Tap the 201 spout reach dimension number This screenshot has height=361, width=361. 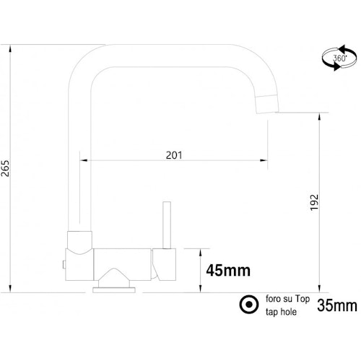[x=174, y=155]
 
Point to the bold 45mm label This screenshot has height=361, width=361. [x=227, y=271]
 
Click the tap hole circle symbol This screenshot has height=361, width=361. [x=247, y=305]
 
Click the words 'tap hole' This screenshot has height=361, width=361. [x=280, y=313]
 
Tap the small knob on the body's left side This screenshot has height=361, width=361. [x=65, y=263]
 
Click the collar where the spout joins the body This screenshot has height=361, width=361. [x=79, y=239]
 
